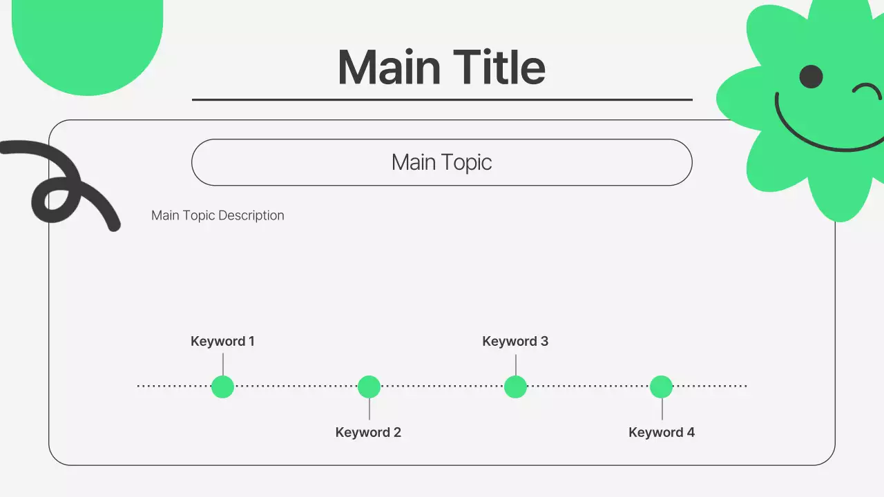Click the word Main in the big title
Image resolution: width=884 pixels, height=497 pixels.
(389, 68)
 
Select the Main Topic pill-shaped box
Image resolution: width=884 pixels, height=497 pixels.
(441, 163)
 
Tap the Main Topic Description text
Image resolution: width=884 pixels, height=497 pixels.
(218, 215)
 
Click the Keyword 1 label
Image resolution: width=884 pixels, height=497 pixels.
(222, 341)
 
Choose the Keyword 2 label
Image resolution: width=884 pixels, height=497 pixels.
(368, 433)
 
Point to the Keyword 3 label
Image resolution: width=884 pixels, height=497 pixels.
(515, 341)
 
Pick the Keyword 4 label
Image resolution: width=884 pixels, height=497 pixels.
(662, 433)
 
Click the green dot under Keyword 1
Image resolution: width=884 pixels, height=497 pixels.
(222, 387)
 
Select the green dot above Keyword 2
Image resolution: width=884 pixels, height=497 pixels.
(369, 387)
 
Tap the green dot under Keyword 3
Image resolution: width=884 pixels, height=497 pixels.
(515, 387)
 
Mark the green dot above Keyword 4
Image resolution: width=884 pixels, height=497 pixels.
(661, 387)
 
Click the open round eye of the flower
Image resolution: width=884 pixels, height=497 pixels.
(811, 77)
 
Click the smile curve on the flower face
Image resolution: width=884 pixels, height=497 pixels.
(822, 142)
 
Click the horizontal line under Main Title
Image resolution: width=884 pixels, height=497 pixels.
(442, 99)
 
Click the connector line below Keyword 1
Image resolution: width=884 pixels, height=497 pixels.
(222, 364)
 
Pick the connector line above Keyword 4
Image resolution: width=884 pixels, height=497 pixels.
(662, 409)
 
